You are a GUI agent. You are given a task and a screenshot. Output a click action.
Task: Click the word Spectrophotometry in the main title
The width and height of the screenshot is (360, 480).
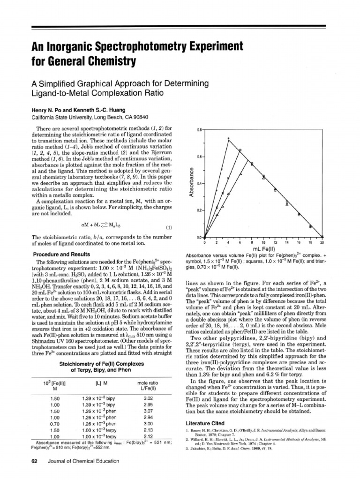(x=135, y=47)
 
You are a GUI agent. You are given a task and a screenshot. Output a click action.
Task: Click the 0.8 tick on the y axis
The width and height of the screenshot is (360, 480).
(x=199, y=129)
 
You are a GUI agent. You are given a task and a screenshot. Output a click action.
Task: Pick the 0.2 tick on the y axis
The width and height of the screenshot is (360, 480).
(x=199, y=211)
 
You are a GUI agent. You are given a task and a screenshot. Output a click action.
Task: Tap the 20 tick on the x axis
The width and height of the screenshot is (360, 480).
(x=322, y=242)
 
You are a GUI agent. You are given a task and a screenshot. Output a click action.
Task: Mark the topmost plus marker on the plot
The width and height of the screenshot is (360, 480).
(x=228, y=138)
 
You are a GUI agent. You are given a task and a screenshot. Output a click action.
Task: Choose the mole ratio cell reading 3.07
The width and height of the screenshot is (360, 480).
(x=148, y=411)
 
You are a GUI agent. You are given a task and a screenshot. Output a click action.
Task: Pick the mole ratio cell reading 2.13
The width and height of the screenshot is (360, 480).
(x=148, y=430)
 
